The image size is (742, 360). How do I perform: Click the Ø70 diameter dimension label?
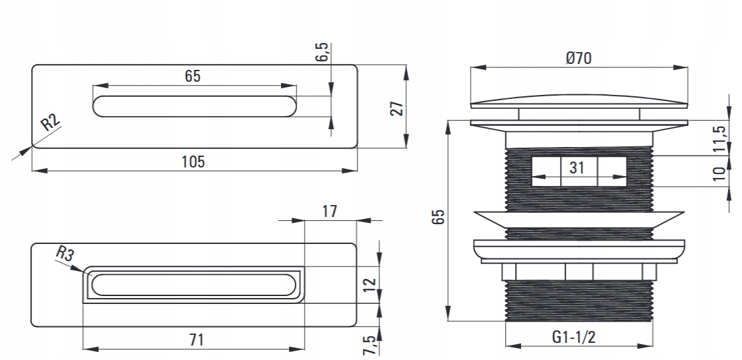578,58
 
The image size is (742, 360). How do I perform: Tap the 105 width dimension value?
193,162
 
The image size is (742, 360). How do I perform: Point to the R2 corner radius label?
51,123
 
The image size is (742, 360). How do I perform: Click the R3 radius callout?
64,253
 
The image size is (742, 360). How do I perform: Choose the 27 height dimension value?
396,107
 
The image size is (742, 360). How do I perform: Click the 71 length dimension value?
196,340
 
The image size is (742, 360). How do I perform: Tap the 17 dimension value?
330,211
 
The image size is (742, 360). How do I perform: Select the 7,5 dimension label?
370,344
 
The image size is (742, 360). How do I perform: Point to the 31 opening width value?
577,167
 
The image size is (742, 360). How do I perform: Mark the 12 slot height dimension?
370,285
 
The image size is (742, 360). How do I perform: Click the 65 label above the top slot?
192,76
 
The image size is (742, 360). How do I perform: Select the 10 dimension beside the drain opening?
720,173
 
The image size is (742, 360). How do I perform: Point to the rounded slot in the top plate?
195,106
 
